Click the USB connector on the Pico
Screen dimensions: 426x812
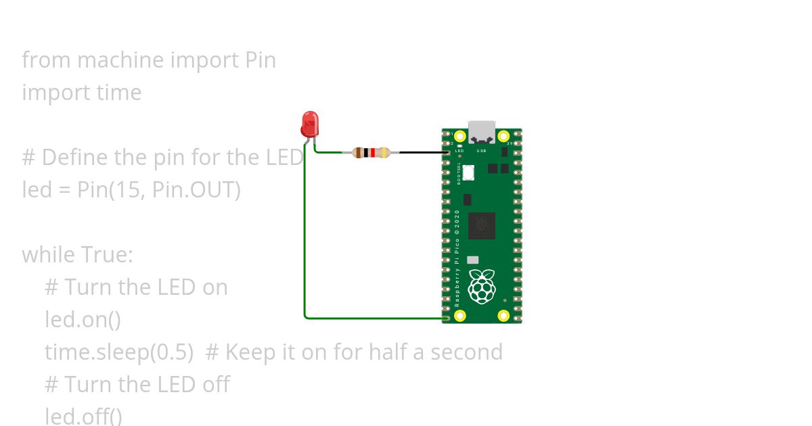point(482,131)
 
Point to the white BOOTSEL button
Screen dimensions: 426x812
point(468,173)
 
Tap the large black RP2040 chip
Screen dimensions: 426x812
point(482,225)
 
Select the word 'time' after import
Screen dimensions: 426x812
point(116,93)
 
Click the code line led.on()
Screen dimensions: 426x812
point(83,319)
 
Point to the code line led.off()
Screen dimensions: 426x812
point(83,416)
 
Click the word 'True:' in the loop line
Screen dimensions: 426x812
point(107,255)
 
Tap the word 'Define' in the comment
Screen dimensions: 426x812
point(75,158)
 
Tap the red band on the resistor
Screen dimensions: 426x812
point(372,153)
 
